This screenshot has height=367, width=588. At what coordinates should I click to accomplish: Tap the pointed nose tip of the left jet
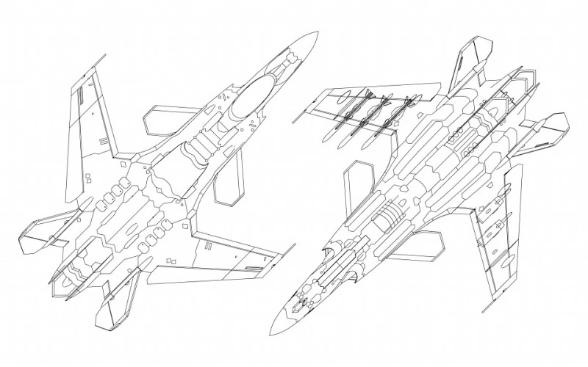tap(317, 32)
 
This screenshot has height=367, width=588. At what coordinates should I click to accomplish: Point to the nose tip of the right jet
tap(270, 339)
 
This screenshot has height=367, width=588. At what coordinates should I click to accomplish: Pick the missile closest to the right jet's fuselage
tap(390, 117)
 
